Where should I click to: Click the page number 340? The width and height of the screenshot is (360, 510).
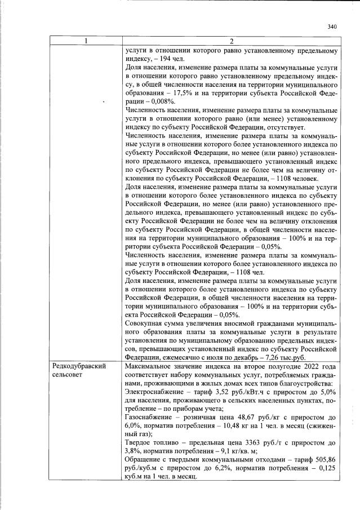click(331, 26)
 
